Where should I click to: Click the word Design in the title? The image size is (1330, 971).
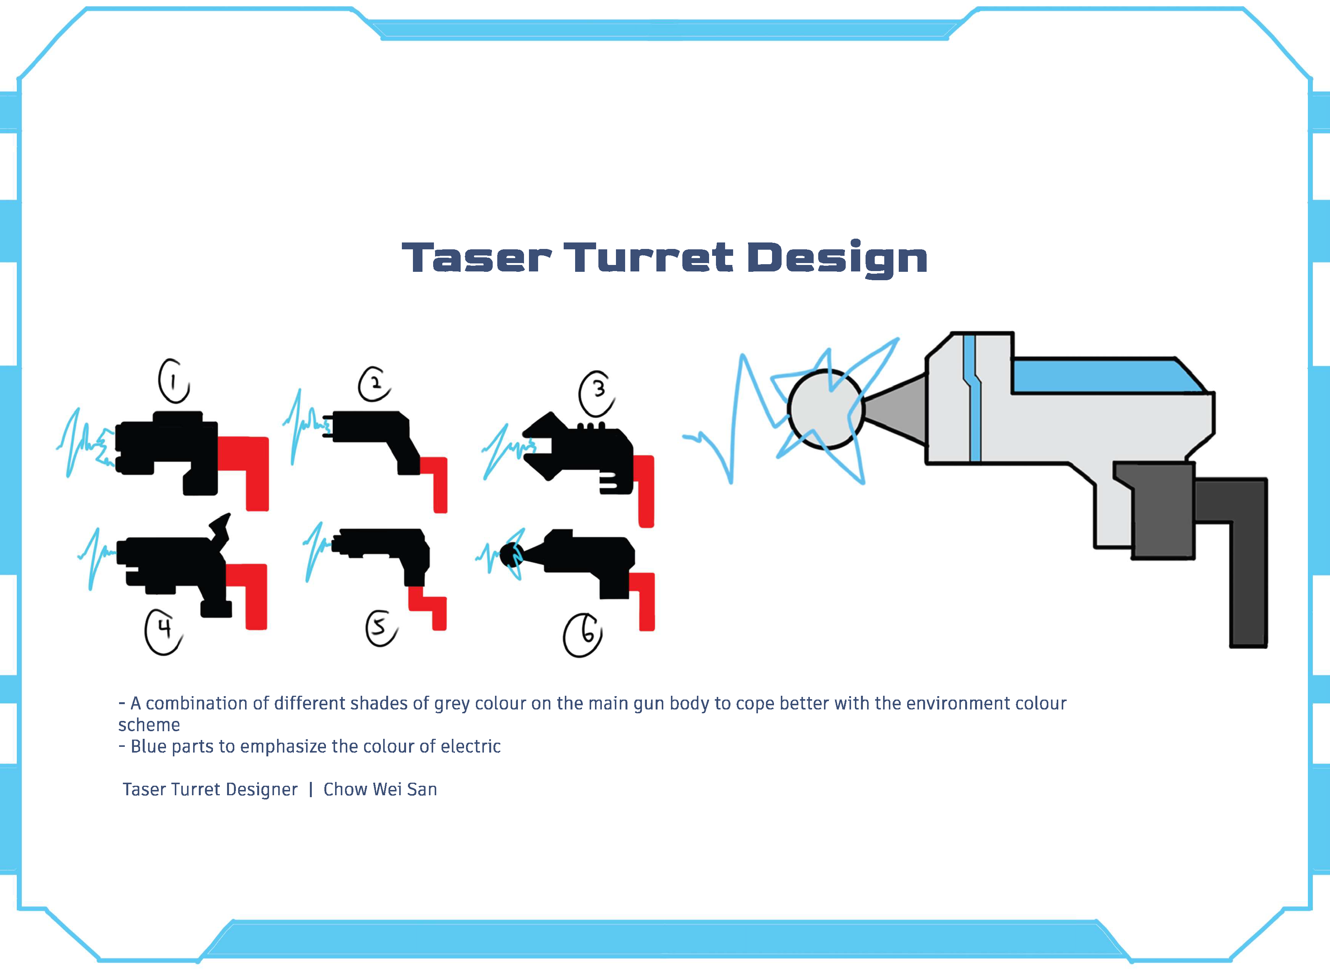(x=837, y=258)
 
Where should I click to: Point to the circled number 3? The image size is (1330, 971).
(x=597, y=393)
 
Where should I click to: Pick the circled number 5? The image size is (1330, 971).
(x=381, y=628)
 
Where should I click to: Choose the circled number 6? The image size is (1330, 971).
(x=582, y=636)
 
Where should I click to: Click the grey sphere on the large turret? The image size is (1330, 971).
(x=826, y=409)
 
